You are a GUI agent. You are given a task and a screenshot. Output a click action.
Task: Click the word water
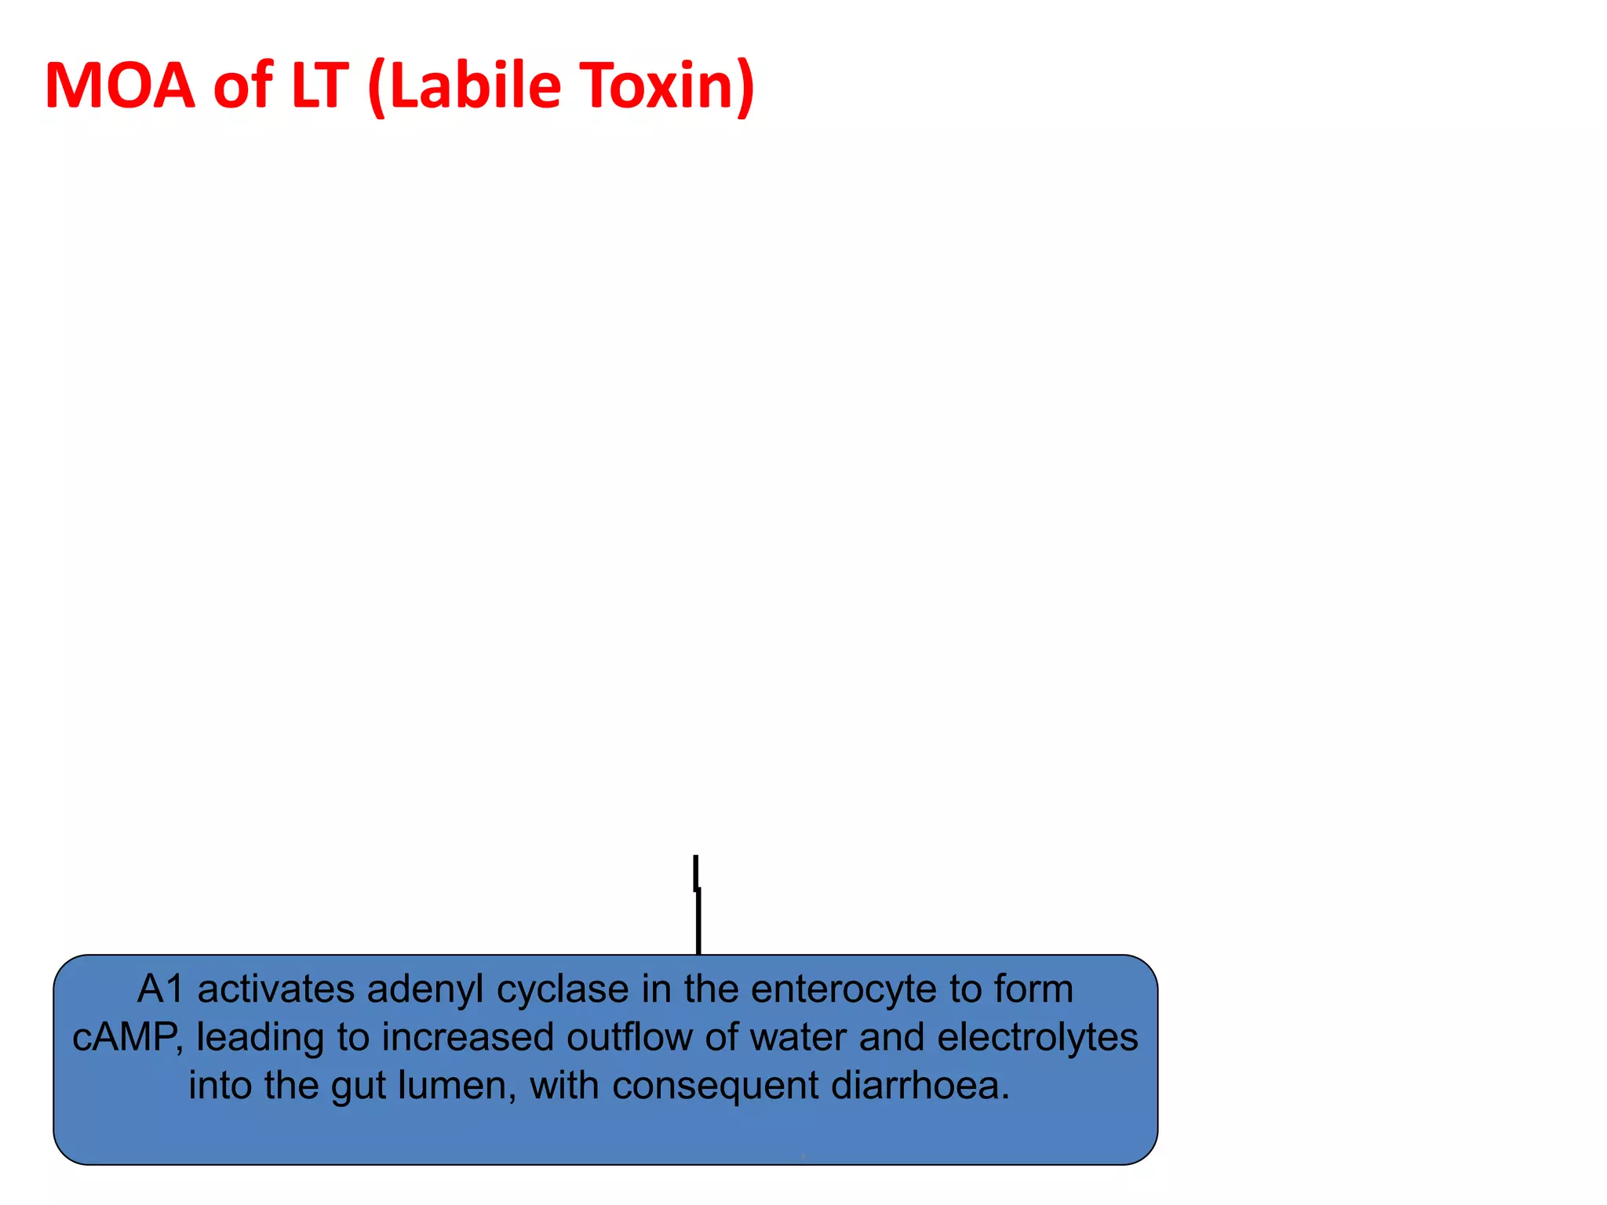pos(798,1037)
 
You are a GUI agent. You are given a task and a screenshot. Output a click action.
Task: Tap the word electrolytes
pos(1037,1037)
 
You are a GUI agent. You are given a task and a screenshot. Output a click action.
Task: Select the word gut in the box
pos(358,1087)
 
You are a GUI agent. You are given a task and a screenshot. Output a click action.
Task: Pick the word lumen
pos(457,1086)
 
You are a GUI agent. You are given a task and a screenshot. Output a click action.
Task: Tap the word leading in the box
pos(259,1038)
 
